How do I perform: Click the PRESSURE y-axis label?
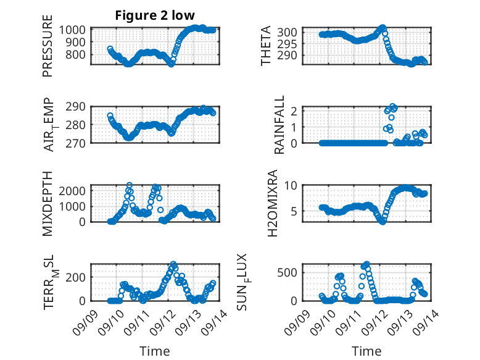pos(48,51)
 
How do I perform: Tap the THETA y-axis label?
pos(266,46)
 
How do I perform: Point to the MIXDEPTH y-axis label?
pos(48,203)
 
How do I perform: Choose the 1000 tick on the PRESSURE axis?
pos(75,30)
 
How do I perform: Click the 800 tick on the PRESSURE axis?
pos(78,54)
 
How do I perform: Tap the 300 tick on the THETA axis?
pos(293,32)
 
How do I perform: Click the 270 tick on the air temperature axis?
pos(78,143)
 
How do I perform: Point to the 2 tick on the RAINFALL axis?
pos(299,111)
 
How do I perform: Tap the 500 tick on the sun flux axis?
pos(293,272)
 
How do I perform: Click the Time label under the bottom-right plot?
pos(366,351)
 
